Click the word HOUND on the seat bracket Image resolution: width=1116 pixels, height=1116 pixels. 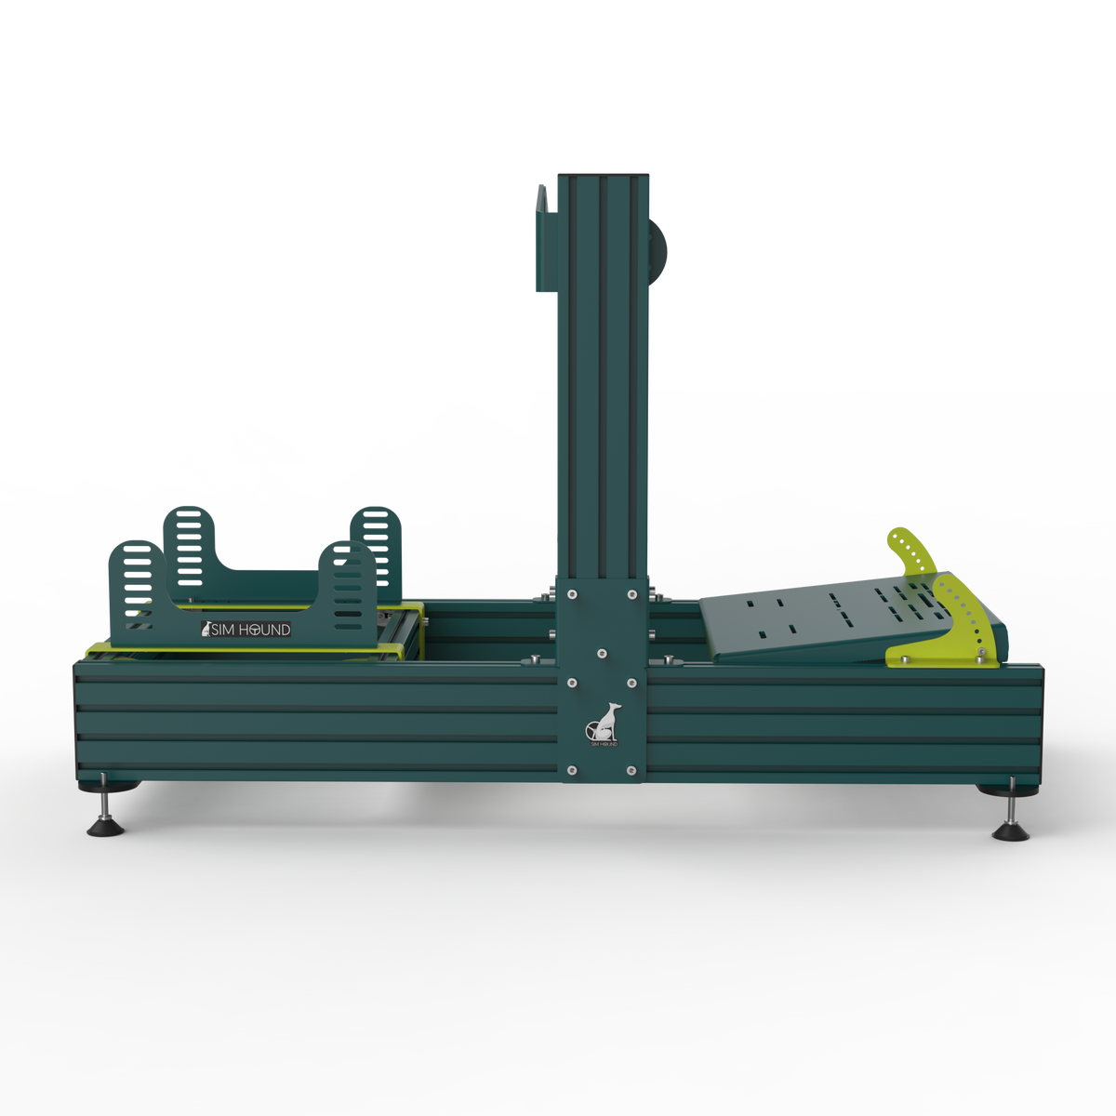pyautogui.click(x=266, y=630)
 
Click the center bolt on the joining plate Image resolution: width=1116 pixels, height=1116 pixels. pyautogui.click(x=602, y=655)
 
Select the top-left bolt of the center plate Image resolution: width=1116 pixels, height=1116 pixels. pyautogui.click(x=571, y=592)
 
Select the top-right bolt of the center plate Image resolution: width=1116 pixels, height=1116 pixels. pyautogui.click(x=632, y=592)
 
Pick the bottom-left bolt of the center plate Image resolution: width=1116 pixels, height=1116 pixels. pyautogui.click(x=571, y=770)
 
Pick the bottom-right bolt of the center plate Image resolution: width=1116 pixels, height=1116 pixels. pyautogui.click(x=632, y=770)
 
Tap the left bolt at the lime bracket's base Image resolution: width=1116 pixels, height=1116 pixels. pyautogui.click(x=900, y=661)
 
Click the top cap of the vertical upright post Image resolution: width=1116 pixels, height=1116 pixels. pyautogui.click(x=601, y=174)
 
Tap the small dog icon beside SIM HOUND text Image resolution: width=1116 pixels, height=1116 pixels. pyautogui.click(x=207, y=630)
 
